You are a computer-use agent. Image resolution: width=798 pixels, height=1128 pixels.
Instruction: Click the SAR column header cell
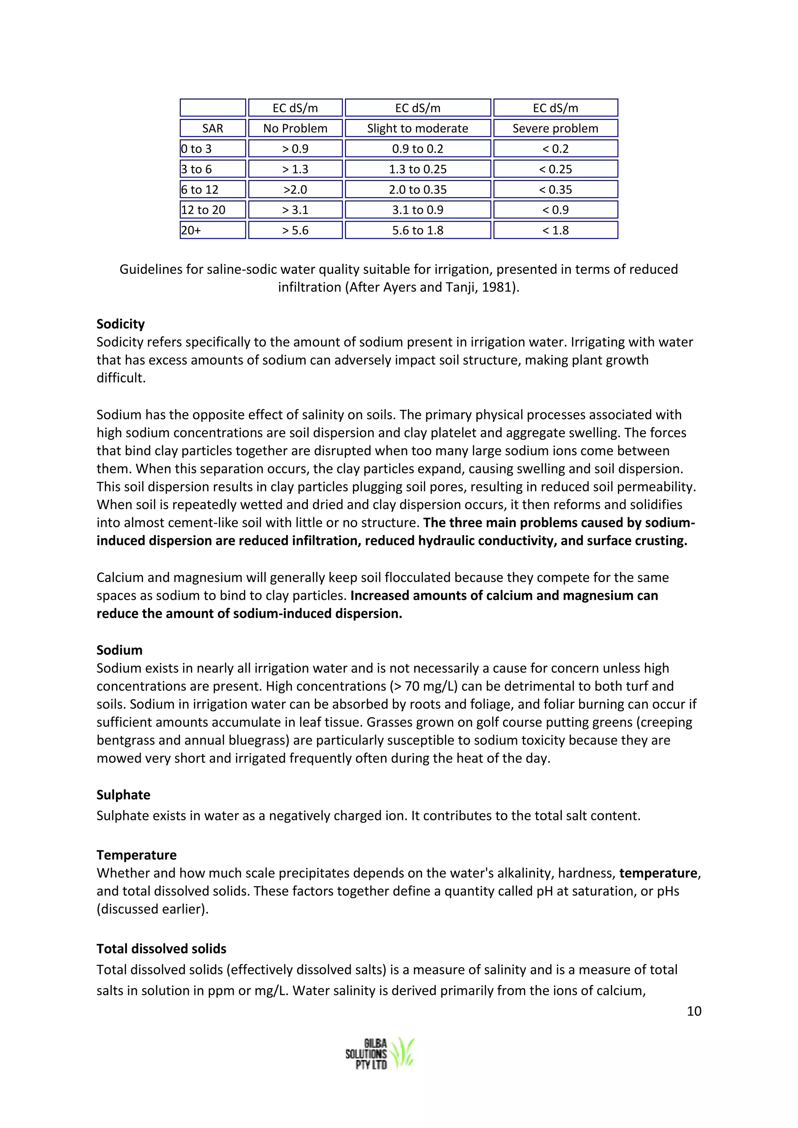tap(212, 128)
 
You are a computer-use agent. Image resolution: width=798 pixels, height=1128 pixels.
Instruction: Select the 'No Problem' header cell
tap(295, 128)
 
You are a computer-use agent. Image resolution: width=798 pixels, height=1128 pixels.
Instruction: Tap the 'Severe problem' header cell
tap(555, 128)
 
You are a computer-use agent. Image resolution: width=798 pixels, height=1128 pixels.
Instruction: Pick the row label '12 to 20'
tap(203, 210)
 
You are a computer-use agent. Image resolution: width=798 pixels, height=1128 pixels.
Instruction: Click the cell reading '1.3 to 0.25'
tap(418, 169)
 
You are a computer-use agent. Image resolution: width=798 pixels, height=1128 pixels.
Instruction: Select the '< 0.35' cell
tap(555, 189)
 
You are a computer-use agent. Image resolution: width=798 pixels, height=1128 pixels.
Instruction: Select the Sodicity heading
tap(120, 324)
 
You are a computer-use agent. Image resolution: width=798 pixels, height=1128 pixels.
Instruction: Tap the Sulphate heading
tap(124, 795)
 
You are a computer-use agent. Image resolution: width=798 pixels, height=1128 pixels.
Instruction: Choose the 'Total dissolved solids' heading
tap(161, 949)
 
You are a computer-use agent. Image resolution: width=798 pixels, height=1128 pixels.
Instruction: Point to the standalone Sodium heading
tap(119, 650)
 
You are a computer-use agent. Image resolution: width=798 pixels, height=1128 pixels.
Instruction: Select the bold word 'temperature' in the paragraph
tap(658, 873)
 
